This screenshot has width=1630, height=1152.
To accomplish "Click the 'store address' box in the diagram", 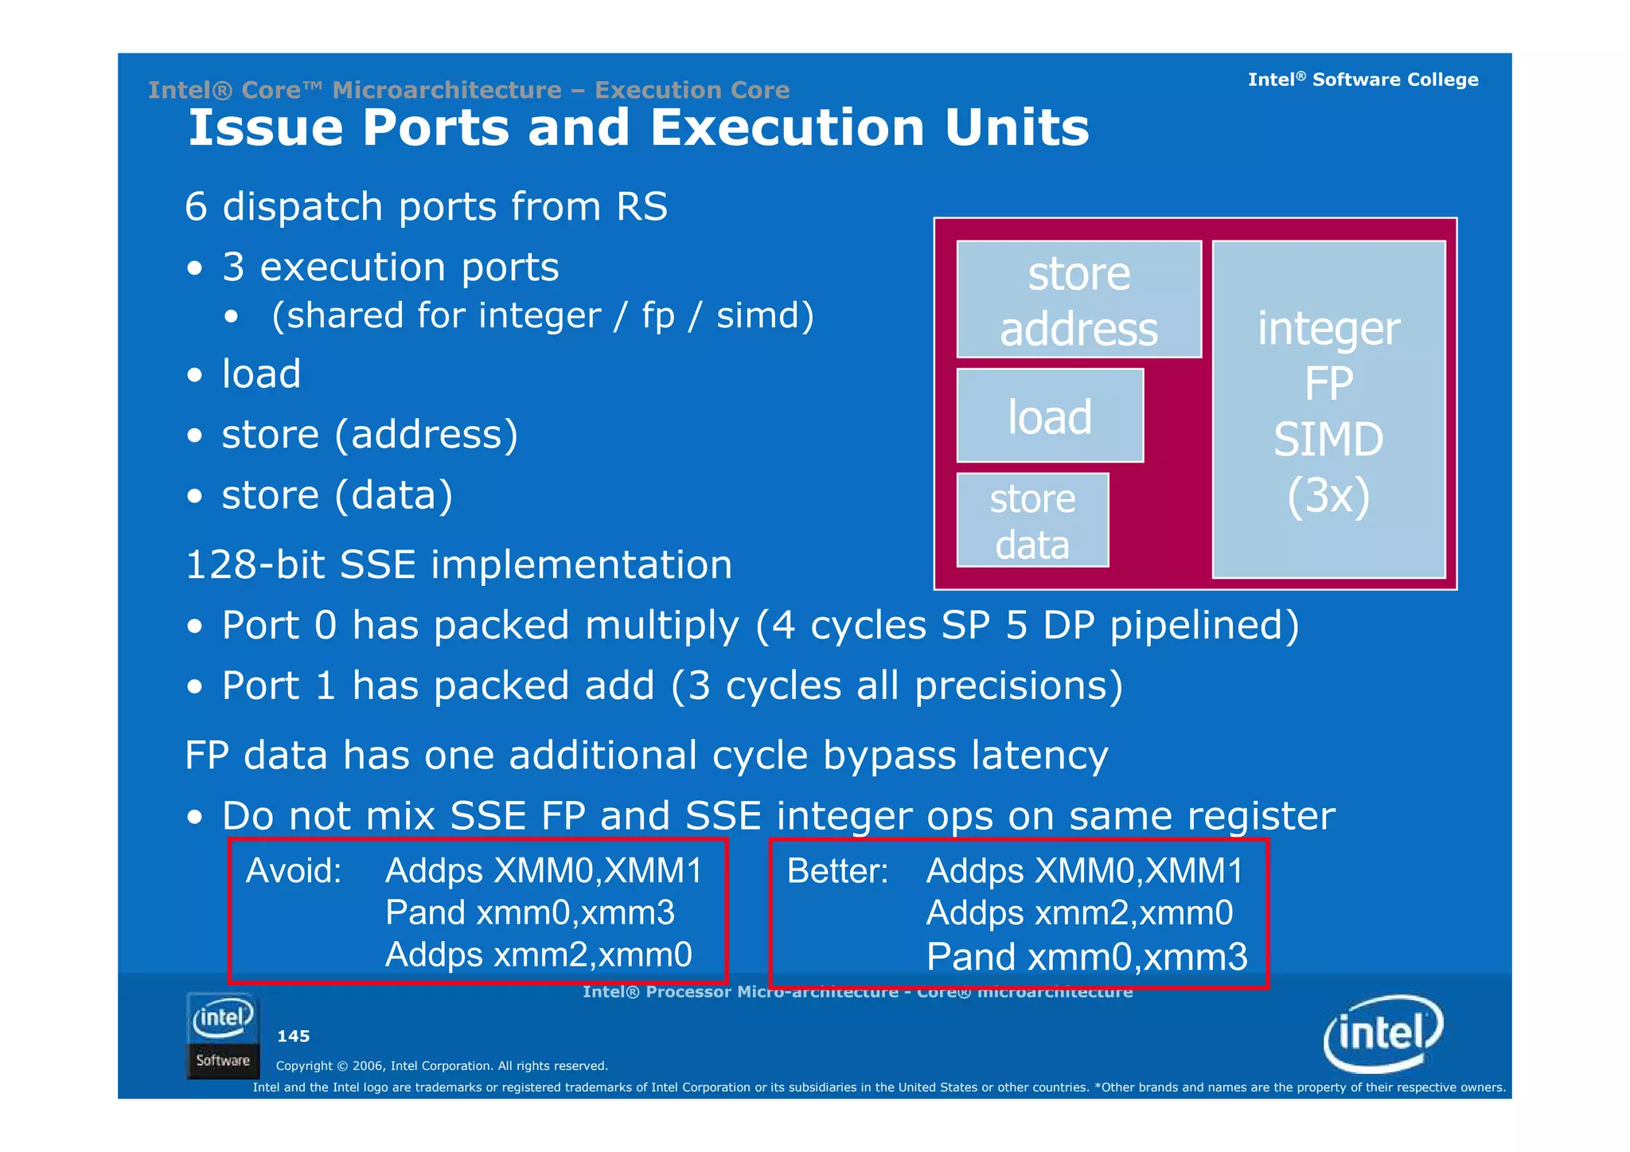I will click(1078, 299).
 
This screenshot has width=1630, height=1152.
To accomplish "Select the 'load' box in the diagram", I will click(1050, 416).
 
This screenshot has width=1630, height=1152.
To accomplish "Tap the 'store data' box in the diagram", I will click(1032, 521).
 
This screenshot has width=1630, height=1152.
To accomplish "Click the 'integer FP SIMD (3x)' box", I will click(1328, 409).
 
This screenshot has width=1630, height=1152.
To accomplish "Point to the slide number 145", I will click(293, 1036).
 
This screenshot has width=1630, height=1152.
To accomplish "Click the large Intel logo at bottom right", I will click(1383, 1033).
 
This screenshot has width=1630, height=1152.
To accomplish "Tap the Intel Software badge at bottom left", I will click(223, 1035).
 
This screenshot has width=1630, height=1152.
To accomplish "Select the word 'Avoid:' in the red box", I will click(294, 870).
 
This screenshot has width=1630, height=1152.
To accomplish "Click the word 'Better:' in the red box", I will click(837, 870).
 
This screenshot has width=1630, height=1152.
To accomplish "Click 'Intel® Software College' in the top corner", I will click(1363, 80).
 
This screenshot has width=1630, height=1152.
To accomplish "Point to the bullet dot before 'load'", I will click(195, 374).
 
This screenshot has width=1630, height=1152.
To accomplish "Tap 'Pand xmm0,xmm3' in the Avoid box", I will click(529, 912).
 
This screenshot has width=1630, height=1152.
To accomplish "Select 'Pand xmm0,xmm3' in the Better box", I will click(1086, 956).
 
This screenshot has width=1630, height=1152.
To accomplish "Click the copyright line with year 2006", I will click(442, 1065).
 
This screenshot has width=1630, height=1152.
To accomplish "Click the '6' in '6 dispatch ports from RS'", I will click(196, 207).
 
